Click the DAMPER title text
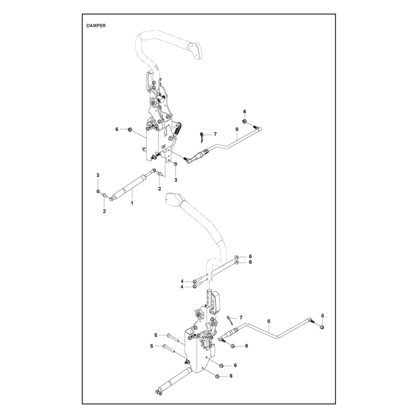click(96, 26)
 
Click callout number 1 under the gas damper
click(132, 203)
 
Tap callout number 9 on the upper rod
click(237, 129)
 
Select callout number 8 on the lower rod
click(269, 321)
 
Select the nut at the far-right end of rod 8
click(322, 327)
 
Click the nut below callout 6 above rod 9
click(244, 122)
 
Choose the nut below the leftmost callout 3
click(98, 191)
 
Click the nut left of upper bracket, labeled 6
click(130, 130)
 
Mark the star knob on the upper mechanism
click(154, 102)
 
